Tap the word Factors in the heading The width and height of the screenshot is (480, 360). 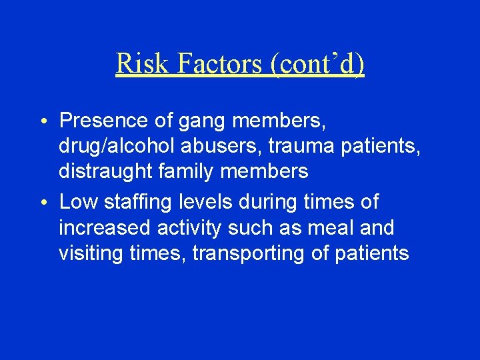pos(202,64)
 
